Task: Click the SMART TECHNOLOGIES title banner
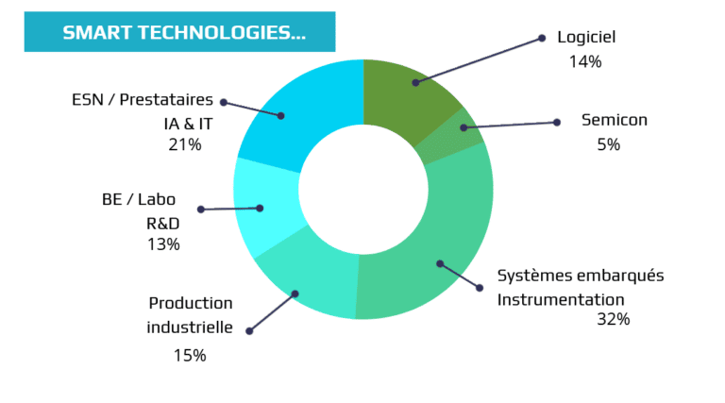pos(179,32)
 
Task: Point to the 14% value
pos(585,61)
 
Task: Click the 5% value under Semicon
pos(608,144)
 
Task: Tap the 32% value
pos(613,319)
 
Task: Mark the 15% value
pos(190,356)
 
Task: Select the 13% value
pos(163,244)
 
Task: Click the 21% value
pos(185,144)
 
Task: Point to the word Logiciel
pos(586,37)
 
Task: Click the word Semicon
pos(614,120)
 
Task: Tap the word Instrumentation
pos(561,299)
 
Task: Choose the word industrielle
pos(190,327)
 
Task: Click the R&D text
pos(162,224)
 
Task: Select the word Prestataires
pos(166,99)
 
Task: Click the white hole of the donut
pos(363,190)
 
